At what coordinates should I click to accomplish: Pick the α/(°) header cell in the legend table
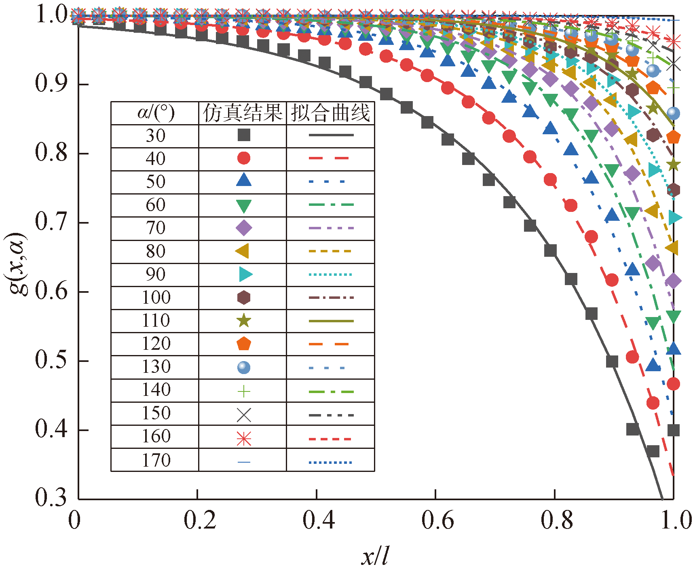[x=156, y=113]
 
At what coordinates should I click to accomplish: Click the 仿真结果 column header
[x=243, y=113]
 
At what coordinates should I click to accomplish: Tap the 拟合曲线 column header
[x=330, y=113]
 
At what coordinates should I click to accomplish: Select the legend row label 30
[x=156, y=136]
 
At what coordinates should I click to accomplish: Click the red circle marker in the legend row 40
[x=243, y=158]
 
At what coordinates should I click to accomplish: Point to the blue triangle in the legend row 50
[x=243, y=180]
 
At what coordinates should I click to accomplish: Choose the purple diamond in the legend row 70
[x=243, y=228]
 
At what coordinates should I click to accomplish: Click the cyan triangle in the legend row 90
[x=245, y=274]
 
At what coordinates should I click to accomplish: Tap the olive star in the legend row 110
[x=243, y=321]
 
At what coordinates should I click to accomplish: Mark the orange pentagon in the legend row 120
[x=243, y=344]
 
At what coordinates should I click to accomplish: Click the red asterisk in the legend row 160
[x=243, y=439]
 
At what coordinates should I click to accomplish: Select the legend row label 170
[x=156, y=460]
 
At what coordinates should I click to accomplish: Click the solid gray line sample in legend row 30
[x=331, y=135]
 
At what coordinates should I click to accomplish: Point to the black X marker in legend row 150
[x=243, y=415]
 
